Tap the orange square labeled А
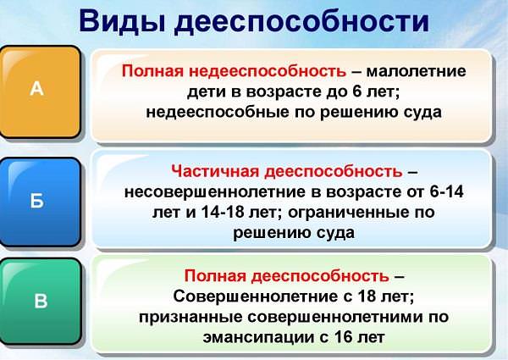pos(40,91)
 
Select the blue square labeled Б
pos(40,202)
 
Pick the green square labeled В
pos(41,301)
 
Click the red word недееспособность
pos(268,70)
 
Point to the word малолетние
pos(417,71)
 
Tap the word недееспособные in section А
pos(218,113)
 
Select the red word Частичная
pos(215,171)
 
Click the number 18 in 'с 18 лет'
pos(367,296)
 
